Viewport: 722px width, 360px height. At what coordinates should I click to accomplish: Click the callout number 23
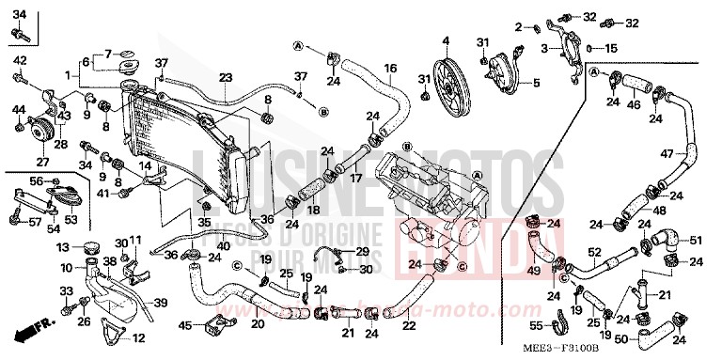(x=225, y=77)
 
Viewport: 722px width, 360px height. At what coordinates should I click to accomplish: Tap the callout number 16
(x=390, y=68)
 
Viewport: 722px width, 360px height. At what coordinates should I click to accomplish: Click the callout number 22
(x=408, y=326)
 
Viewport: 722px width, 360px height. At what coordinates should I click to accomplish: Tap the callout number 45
(x=186, y=326)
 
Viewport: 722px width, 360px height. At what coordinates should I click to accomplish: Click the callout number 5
(x=538, y=83)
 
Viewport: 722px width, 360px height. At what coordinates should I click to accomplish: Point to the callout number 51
(x=697, y=240)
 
